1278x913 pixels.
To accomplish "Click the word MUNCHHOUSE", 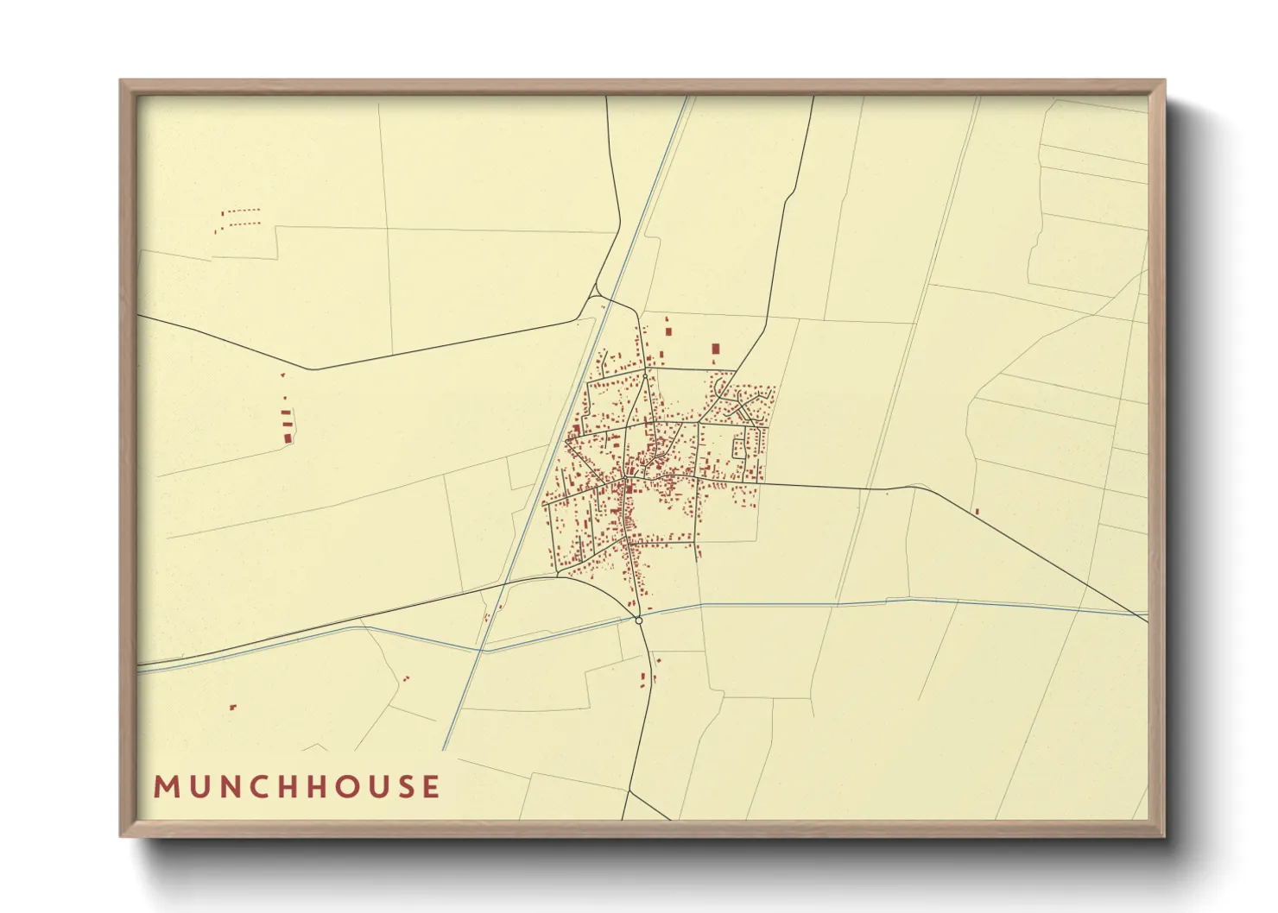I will [297, 787].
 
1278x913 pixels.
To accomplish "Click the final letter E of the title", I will [431, 787].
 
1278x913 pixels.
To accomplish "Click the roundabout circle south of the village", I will [638, 620].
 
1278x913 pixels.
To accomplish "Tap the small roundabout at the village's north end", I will [645, 375].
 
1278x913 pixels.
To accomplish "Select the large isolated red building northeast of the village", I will [715, 349].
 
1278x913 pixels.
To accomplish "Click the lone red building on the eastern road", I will [977, 512].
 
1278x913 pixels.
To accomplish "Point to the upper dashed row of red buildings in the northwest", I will [241, 211].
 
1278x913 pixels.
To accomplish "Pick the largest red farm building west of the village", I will [288, 438].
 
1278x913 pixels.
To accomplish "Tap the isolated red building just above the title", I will [232, 708].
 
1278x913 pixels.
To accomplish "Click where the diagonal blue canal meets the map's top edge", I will [687, 97].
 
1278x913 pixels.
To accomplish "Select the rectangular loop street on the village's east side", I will [740, 444].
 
